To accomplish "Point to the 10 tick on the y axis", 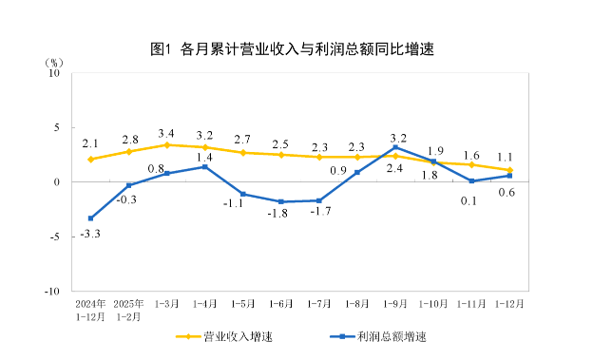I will coord(54,72).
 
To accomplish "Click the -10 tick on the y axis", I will coord(52,291).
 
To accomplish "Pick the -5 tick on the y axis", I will coord(54,237).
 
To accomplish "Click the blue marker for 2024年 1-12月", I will coord(90,218).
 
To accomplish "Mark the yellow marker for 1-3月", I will coord(166,144).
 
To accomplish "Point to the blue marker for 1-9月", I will coord(395,147).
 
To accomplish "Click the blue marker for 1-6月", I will coord(281,201).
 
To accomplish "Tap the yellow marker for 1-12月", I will coord(509,170).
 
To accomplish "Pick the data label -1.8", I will coord(277,215).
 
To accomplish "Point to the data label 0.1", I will coord(469,200).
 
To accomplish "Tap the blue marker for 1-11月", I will coord(471,180).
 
